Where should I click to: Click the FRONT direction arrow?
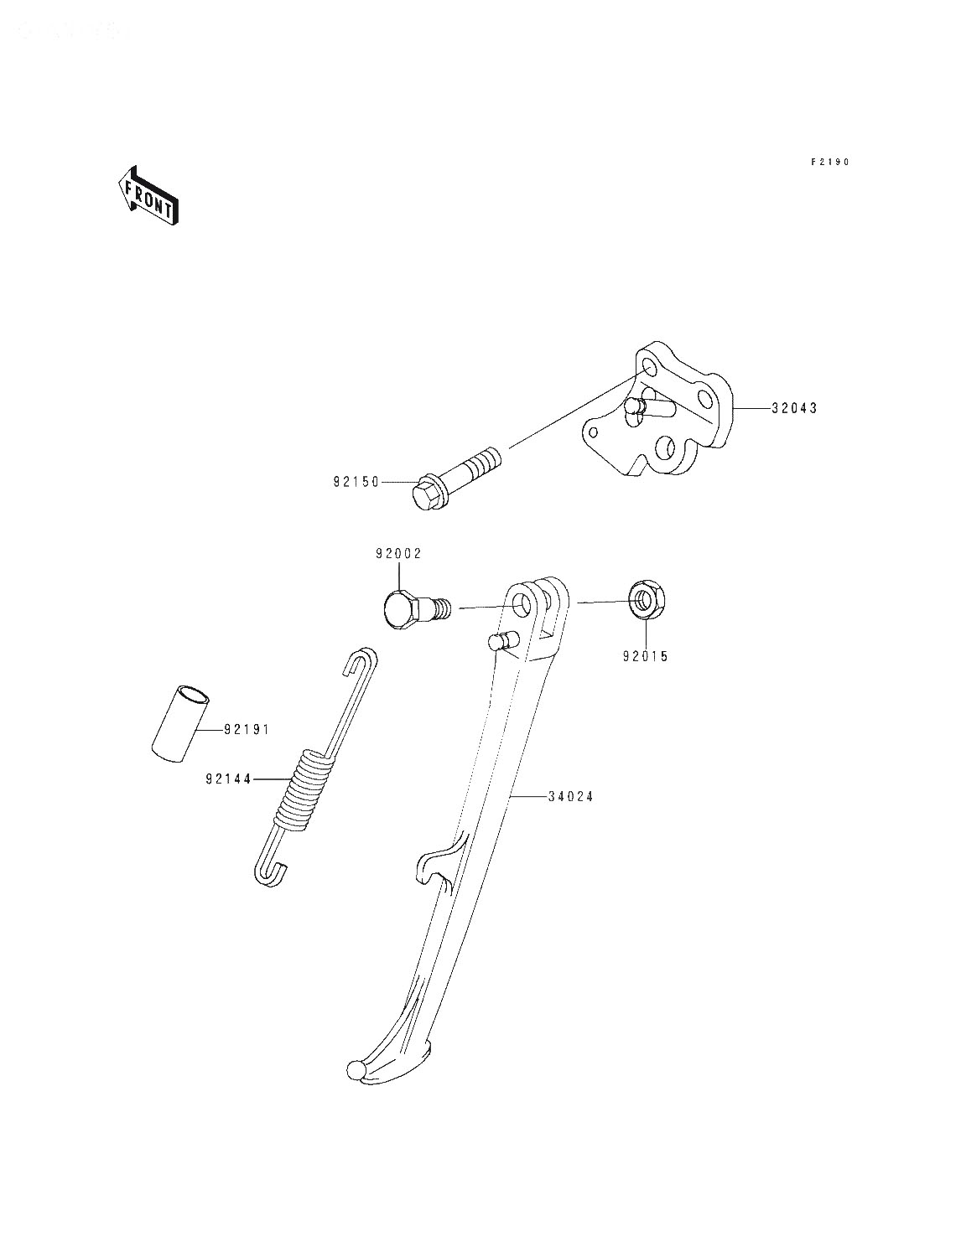(148, 195)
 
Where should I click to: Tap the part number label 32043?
(794, 408)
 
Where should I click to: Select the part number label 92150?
(356, 482)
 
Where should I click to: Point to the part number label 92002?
(398, 554)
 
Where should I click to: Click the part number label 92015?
(646, 657)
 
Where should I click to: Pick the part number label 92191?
(247, 730)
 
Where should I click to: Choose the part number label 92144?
(229, 779)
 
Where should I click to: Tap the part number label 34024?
(570, 796)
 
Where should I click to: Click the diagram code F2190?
(830, 162)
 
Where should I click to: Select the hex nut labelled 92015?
(646, 601)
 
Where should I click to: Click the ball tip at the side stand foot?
(356, 1070)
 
